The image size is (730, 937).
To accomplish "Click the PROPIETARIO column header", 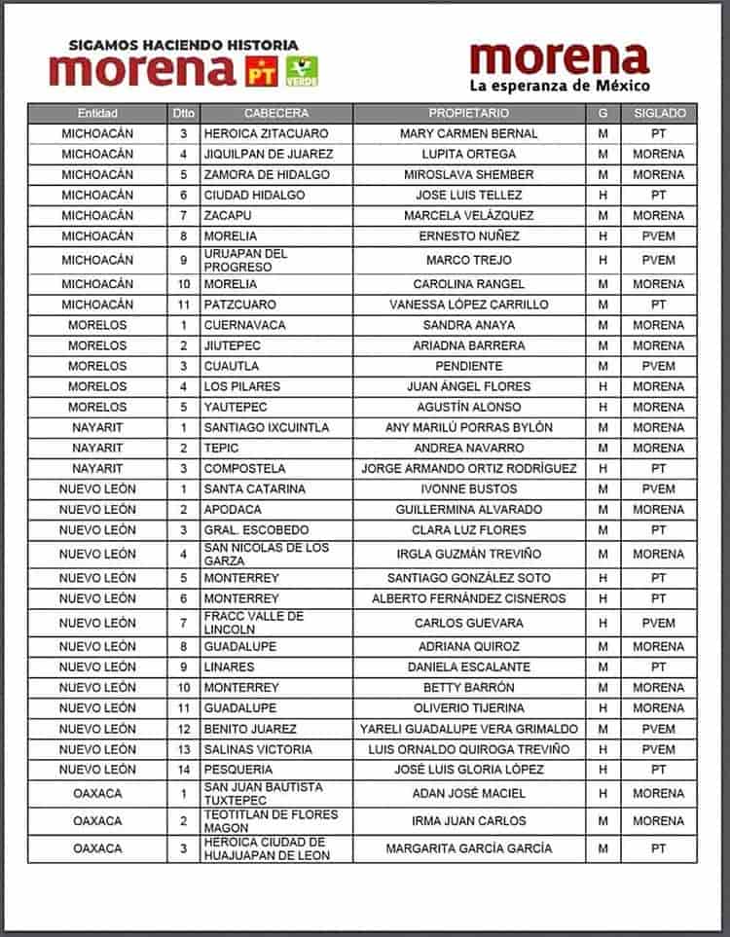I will pyautogui.click(x=468, y=113).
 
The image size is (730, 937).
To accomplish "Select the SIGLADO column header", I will pyautogui.click(x=659, y=113).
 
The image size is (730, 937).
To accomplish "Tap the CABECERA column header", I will pyautogui.click(x=275, y=113).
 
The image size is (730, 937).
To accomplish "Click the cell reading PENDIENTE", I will pyautogui.click(x=469, y=366).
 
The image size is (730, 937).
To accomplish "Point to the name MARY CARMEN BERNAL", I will pyautogui.click(x=469, y=133).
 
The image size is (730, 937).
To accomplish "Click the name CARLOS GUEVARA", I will pyautogui.click(x=469, y=623).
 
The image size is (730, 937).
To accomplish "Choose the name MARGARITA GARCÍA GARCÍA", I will pyautogui.click(x=469, y=848).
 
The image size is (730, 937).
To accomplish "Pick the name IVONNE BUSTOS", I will pyautogui.click(x=469, y=488).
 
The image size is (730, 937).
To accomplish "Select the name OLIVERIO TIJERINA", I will pyautogui.click(x=469, y=708).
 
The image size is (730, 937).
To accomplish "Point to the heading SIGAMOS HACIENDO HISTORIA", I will pyautogui.click(x=183, y=45).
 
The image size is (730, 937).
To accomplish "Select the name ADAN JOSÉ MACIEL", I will pyautogui.click(x=469, y=794).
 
